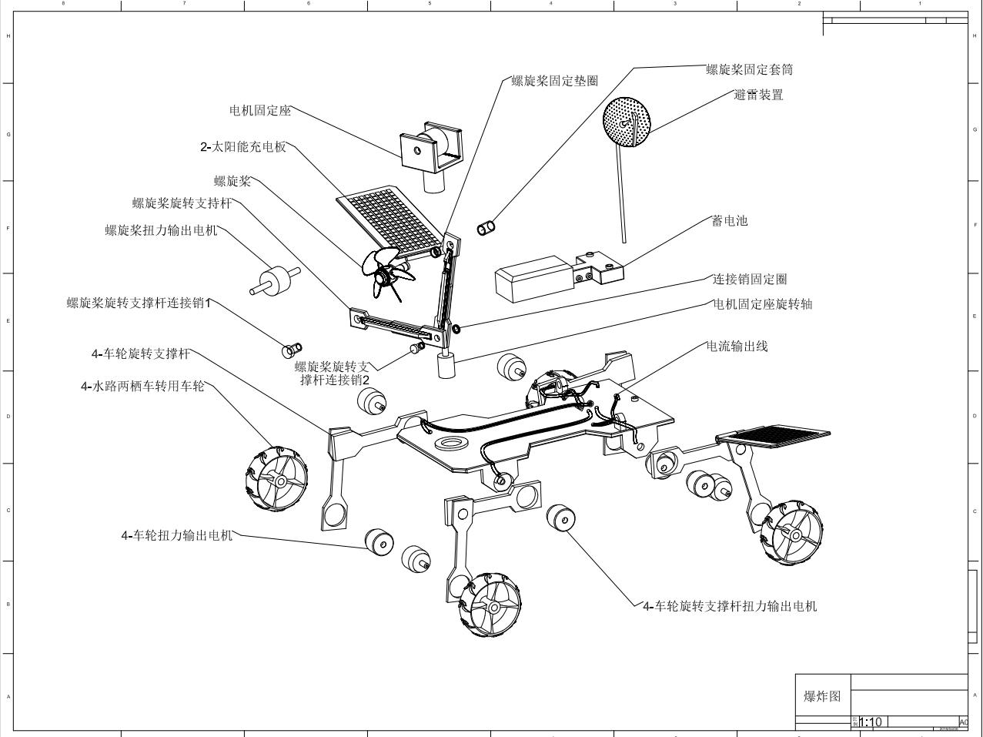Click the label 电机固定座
(x=260, y=110)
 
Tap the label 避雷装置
(x=758, y=95)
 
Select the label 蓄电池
(x=730, y=221)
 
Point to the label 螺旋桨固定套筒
(x=749, y=69)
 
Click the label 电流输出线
(x=737, y=347)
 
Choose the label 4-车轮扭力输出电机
(x=176, y=535)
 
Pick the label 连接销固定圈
(x=749, y=279)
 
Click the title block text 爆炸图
(x=822, y=696)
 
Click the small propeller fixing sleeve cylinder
(x=486, y=227)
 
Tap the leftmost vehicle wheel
(x=276, y=480)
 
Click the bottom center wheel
(x=491, y=605)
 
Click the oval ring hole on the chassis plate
(x=453, y=444)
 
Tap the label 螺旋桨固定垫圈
(x=554, y=80)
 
